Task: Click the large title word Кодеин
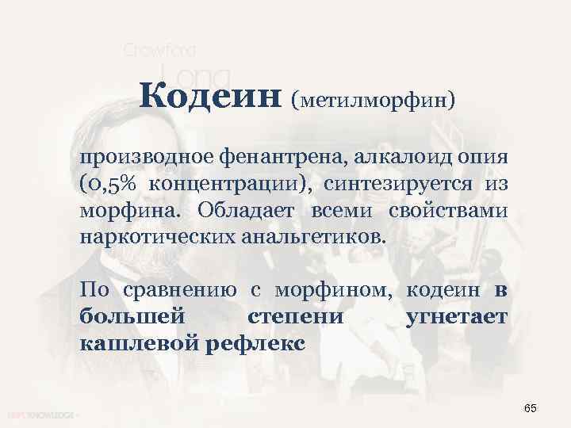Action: pos(210,97)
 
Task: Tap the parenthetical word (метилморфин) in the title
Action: pos(373,101)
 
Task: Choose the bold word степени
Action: pos(296,319)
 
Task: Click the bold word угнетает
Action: pos(456,319)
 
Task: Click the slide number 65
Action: pos(531,407)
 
